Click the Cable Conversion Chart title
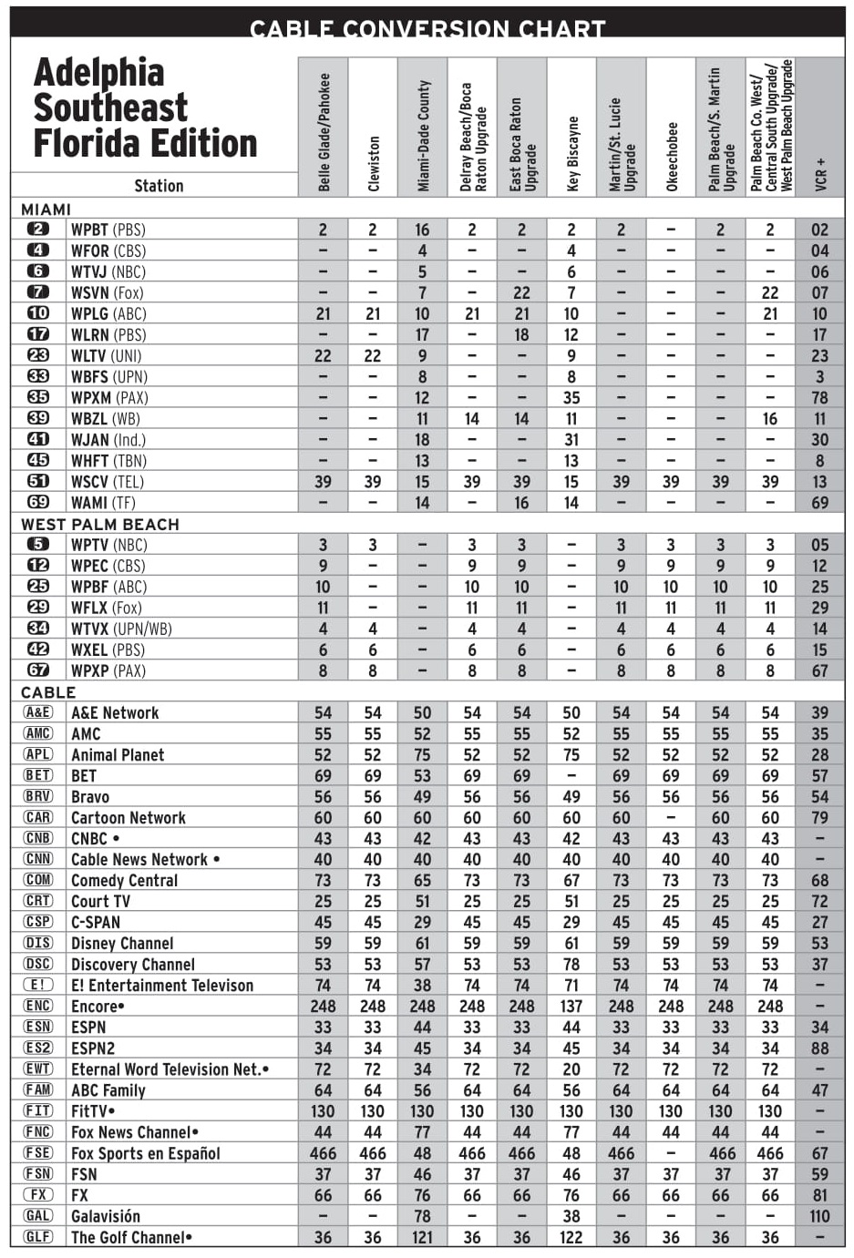pyautogui.click(x=427, y=28)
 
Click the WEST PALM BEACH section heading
pyautogui.click(x=100, y=524)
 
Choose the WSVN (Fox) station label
pyautogui.click(x=108, y=292)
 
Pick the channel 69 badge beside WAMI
pyautogui.click(x=38, y=502)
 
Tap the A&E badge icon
pyautogui.click(x=38, y=712)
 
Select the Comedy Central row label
pyautogui.click(x=125, y=880)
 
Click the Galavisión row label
pyautogui.click(x=106, y=1216)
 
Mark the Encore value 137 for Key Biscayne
pyautogui.click(x=571, y=1007)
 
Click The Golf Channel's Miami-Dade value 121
pyautogui.click(x=422, y=1237)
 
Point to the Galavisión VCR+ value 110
pyautogui.click(x=820, y=1216)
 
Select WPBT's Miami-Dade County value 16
pyautogui.click(x=422, y=230)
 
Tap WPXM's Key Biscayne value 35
pyautogui.click(x=571, y=397)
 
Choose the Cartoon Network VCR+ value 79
pyautogui.click(x=820, y=818)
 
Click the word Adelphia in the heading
pyautogui.click(x=99, y=73)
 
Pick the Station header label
pyautogui.click(x=159, y=186)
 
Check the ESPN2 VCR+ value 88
pyautogui.click(x=820, y=1048)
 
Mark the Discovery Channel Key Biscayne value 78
pyautogui.click(x=571, y=965)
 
